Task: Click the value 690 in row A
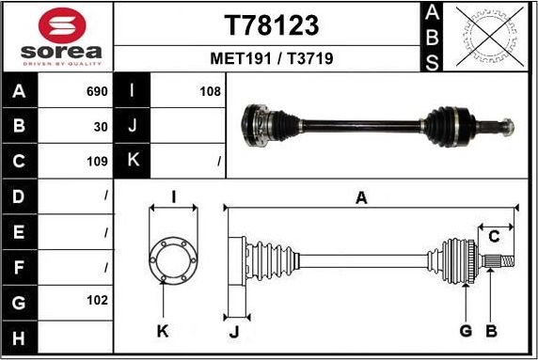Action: tap(97, 92)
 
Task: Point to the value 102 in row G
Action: tap(97, 301)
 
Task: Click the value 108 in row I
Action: tap(211, 92)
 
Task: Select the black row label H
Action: tap(21, 337)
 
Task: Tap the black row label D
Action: tap(21, 196)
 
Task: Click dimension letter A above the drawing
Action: tap(361, 196)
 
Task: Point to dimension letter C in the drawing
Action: tap(492, 236)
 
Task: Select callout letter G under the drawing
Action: tap(466, 330)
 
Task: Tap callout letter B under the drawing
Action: tap(489, 330)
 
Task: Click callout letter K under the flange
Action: tap(163, 330)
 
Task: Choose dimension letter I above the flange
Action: tap(173, 196)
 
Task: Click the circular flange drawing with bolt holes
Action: tap(172, 260)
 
